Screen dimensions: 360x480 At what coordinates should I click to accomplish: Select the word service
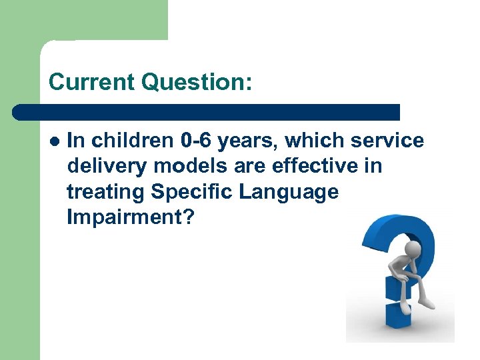point(389,141)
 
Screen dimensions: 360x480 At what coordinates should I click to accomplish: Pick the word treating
point(106,191)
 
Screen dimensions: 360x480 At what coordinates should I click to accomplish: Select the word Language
point(291,191)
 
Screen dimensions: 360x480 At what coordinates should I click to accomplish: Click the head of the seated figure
point(414,249)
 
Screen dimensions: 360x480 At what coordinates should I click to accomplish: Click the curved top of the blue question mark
point(400,223)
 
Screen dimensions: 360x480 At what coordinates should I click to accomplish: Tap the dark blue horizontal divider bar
point(207,112)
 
